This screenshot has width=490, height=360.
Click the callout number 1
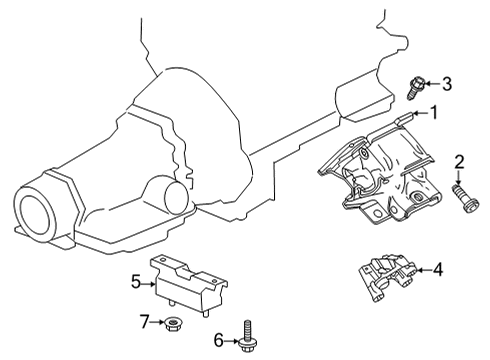coord(434,113)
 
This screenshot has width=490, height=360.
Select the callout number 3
coord(447,83)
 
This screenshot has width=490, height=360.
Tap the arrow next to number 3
coord(433,84)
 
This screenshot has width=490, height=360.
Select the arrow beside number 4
coord(420,269)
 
